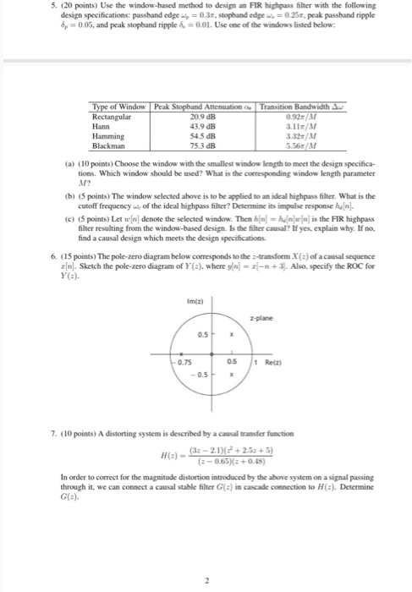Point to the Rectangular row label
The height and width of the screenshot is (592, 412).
point(112,115)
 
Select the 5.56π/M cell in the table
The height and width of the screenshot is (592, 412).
point(285,145)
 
